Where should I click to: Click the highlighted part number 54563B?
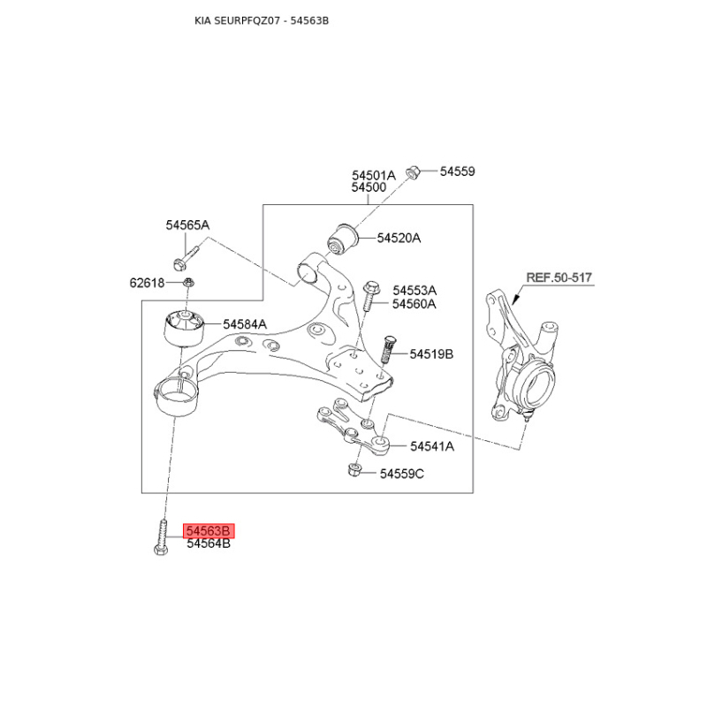point(209,531)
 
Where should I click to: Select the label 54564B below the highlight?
point(209,544)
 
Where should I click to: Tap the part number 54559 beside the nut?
point(457,171)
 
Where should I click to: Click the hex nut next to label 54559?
point(413,172)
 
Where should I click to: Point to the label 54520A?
point(399,238)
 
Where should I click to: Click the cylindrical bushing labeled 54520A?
point(342,239)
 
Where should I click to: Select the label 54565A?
point(187,225)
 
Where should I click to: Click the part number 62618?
point(147,283)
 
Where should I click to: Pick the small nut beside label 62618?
point(188,283)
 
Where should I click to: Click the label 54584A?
point(245,324)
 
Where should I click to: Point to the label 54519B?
point(431,354)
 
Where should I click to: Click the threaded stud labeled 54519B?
point(387,349)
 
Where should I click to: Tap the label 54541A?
point(432,446)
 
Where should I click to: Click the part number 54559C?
point(402,474)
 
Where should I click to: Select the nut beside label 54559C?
point(354,470)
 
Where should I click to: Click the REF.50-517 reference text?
point(559,277)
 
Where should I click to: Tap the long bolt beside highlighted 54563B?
point(163,537)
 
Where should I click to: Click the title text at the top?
point(262,20)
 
